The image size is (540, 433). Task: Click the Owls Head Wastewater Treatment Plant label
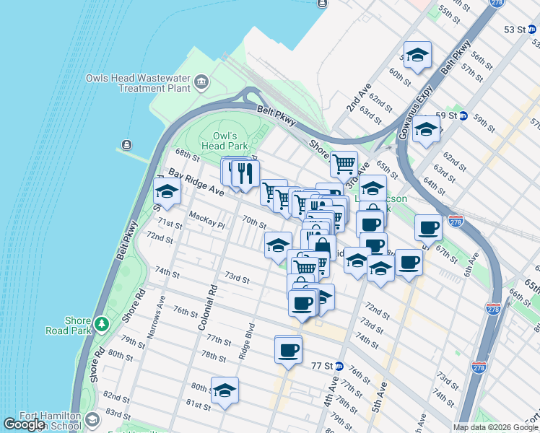pyautogui.click(x=136, y=83)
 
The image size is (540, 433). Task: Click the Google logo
pyautogui.click(x=25, y=424)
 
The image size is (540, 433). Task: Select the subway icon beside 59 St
pyautogui.click(x=463, y=115)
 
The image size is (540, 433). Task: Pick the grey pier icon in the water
pyautogui.click(x=128, y=144)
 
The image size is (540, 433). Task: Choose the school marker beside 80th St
pyautogui.click(x=225, y=390)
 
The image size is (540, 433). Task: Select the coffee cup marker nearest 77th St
pyautogui.click(x=288, y=351)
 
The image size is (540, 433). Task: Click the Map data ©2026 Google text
pyautogui.click(x=495, y=427)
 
